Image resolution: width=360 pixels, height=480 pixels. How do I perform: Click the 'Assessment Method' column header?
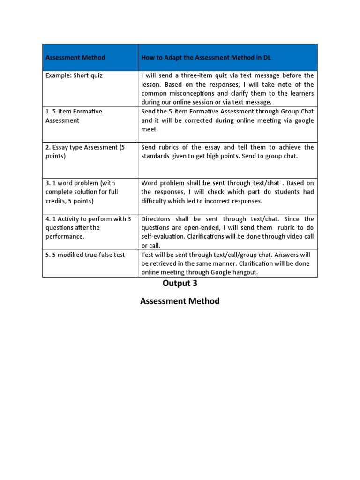tap(75, 58)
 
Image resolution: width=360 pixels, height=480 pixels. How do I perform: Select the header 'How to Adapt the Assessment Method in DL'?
tap(206, 58)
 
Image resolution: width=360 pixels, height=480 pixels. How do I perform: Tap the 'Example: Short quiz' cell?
tap(74, 75)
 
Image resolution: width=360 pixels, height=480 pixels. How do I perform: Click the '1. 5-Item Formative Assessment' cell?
tap(74, 116)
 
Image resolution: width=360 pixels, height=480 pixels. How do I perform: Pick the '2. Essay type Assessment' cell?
tap(85, 151)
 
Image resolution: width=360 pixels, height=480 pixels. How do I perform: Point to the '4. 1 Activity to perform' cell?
tap(88, 227)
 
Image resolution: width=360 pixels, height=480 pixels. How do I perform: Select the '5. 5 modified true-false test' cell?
tap(85, 255)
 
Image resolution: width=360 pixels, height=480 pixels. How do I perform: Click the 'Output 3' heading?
tap(180, 283)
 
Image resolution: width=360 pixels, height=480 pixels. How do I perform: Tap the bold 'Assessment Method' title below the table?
tap(180, 301)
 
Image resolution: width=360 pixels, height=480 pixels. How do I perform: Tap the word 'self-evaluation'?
tap(163, 236)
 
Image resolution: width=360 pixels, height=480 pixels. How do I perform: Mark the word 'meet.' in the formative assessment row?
tap(150, 129)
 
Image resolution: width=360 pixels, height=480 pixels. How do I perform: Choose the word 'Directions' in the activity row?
tap(157, 218)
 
